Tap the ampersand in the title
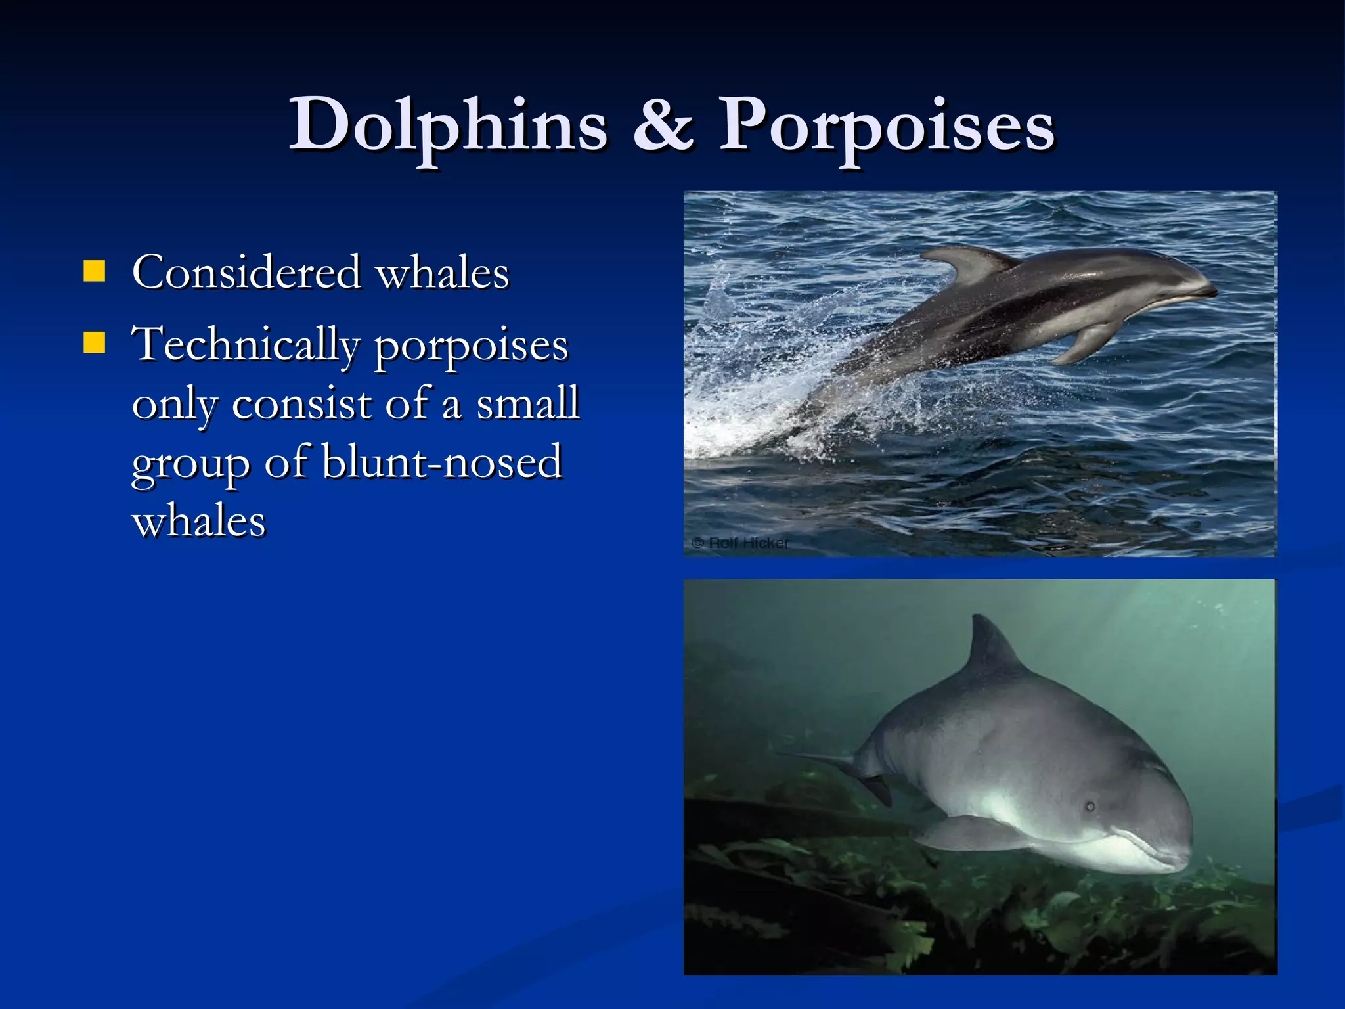(663, 125)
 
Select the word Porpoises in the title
(887, 126)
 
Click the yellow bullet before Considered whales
(95, 271)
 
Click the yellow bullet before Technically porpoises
(95, 342)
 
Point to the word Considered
(247, 272)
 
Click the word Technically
(246, 344)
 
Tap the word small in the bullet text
(527, 403)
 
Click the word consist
(302, 403)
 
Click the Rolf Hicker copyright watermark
(740, 543)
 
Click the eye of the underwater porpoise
(1090, 806)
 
